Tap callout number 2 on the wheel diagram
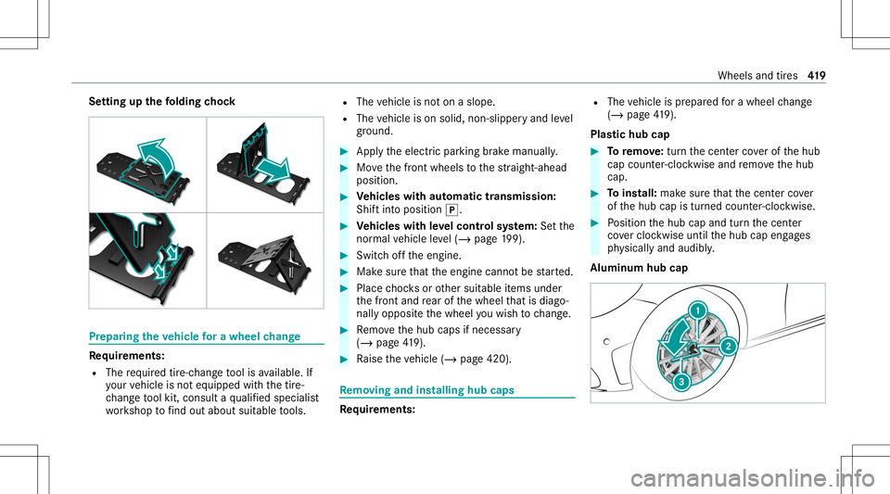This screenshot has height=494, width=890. (730, 347)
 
